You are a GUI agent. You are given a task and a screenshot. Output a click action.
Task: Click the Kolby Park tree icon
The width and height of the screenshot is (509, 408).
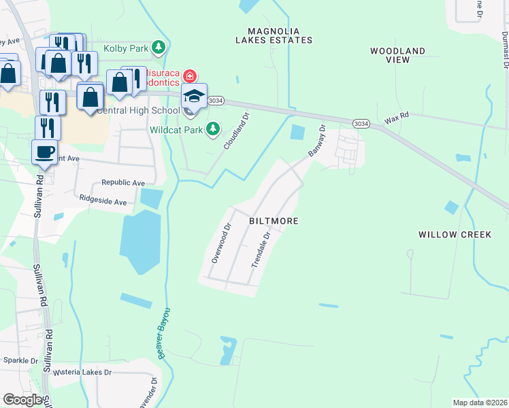coord(159,48)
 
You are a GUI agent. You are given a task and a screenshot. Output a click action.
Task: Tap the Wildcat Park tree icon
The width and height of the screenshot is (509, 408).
coord(213,128)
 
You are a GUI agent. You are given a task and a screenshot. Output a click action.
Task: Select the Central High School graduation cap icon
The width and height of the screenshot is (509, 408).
coord(194,97)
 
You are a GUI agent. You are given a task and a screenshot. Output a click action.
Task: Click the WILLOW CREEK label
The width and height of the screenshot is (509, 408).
coord(455,235)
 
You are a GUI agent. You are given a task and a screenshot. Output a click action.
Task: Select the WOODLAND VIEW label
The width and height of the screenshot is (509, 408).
coord(397,55)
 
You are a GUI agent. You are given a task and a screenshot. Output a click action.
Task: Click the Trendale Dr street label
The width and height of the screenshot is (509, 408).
coord(262,249)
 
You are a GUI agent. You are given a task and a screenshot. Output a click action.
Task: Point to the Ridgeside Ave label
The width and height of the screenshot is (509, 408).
coord(103,201)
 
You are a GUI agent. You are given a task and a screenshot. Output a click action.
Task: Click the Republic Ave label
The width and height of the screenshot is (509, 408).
coord(123,183)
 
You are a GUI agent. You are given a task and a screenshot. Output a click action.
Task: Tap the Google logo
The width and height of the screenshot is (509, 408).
coord(22,400)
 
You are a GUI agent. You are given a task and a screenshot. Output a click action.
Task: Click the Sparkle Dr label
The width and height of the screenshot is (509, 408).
coord(21,360)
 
